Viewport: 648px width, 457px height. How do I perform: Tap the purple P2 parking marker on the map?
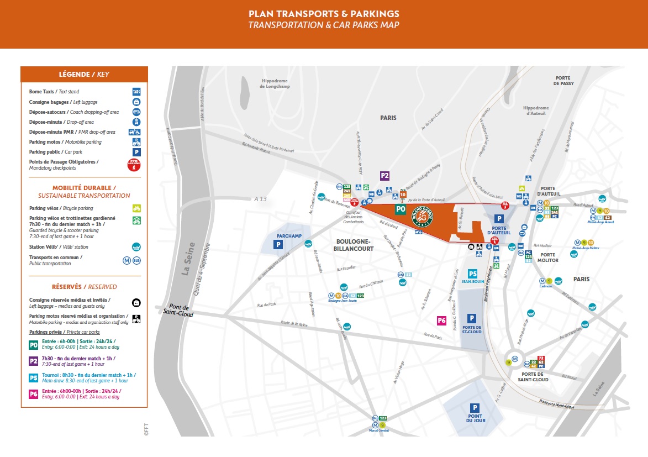click(385, 176)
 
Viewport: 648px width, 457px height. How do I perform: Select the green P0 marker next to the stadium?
click(401, 209)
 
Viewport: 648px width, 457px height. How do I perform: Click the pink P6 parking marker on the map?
click(441, 320)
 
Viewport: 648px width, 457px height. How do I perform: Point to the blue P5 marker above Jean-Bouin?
click(472, 274)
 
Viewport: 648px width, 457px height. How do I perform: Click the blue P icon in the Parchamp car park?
click(279, 244)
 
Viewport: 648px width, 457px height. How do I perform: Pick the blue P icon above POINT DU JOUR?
click(475, 407)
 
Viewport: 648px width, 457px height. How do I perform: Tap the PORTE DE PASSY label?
click(563, 81)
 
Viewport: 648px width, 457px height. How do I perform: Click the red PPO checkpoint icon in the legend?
click(134, 164)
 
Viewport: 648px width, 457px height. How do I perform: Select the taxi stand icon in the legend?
click(136, 92)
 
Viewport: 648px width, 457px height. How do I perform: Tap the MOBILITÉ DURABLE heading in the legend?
click(84, 188)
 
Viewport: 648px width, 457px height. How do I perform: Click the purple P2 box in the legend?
click(34, 361)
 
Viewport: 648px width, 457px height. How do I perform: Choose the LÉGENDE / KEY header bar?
click(84, 74)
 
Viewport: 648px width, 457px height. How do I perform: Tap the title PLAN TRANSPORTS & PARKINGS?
click(324, 14)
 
